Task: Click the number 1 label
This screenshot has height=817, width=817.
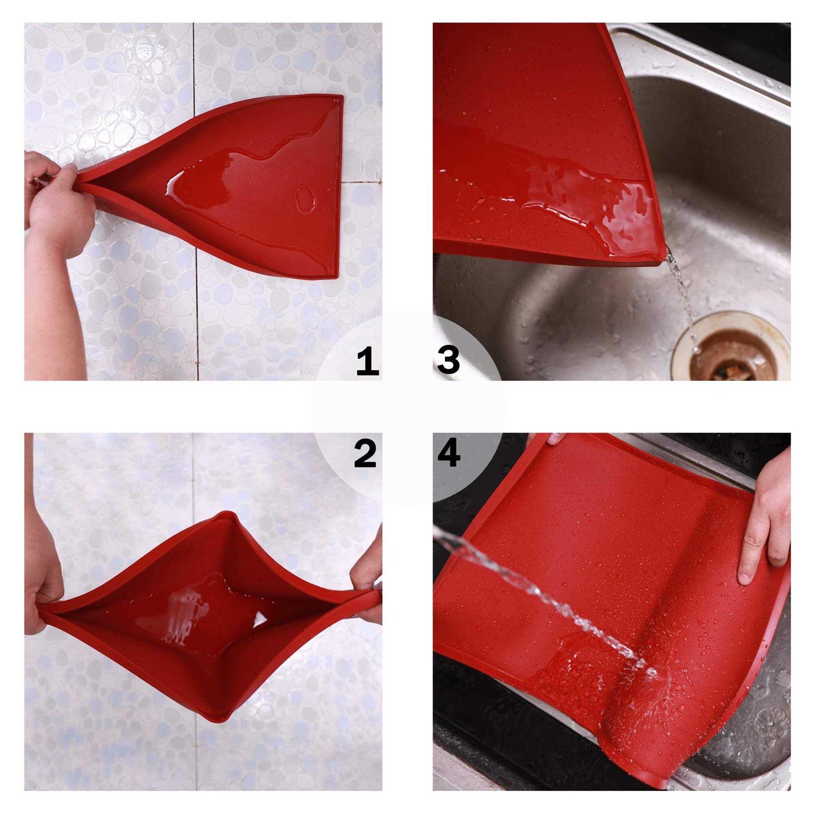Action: (368, 362)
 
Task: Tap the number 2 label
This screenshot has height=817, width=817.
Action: (365, 454)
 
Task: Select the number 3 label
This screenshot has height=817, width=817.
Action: (449, 361)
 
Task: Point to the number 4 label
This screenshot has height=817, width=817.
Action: (449, 454)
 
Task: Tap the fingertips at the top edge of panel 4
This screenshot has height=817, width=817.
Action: (556, 438)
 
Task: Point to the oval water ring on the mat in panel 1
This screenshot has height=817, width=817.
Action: (306, 200)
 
